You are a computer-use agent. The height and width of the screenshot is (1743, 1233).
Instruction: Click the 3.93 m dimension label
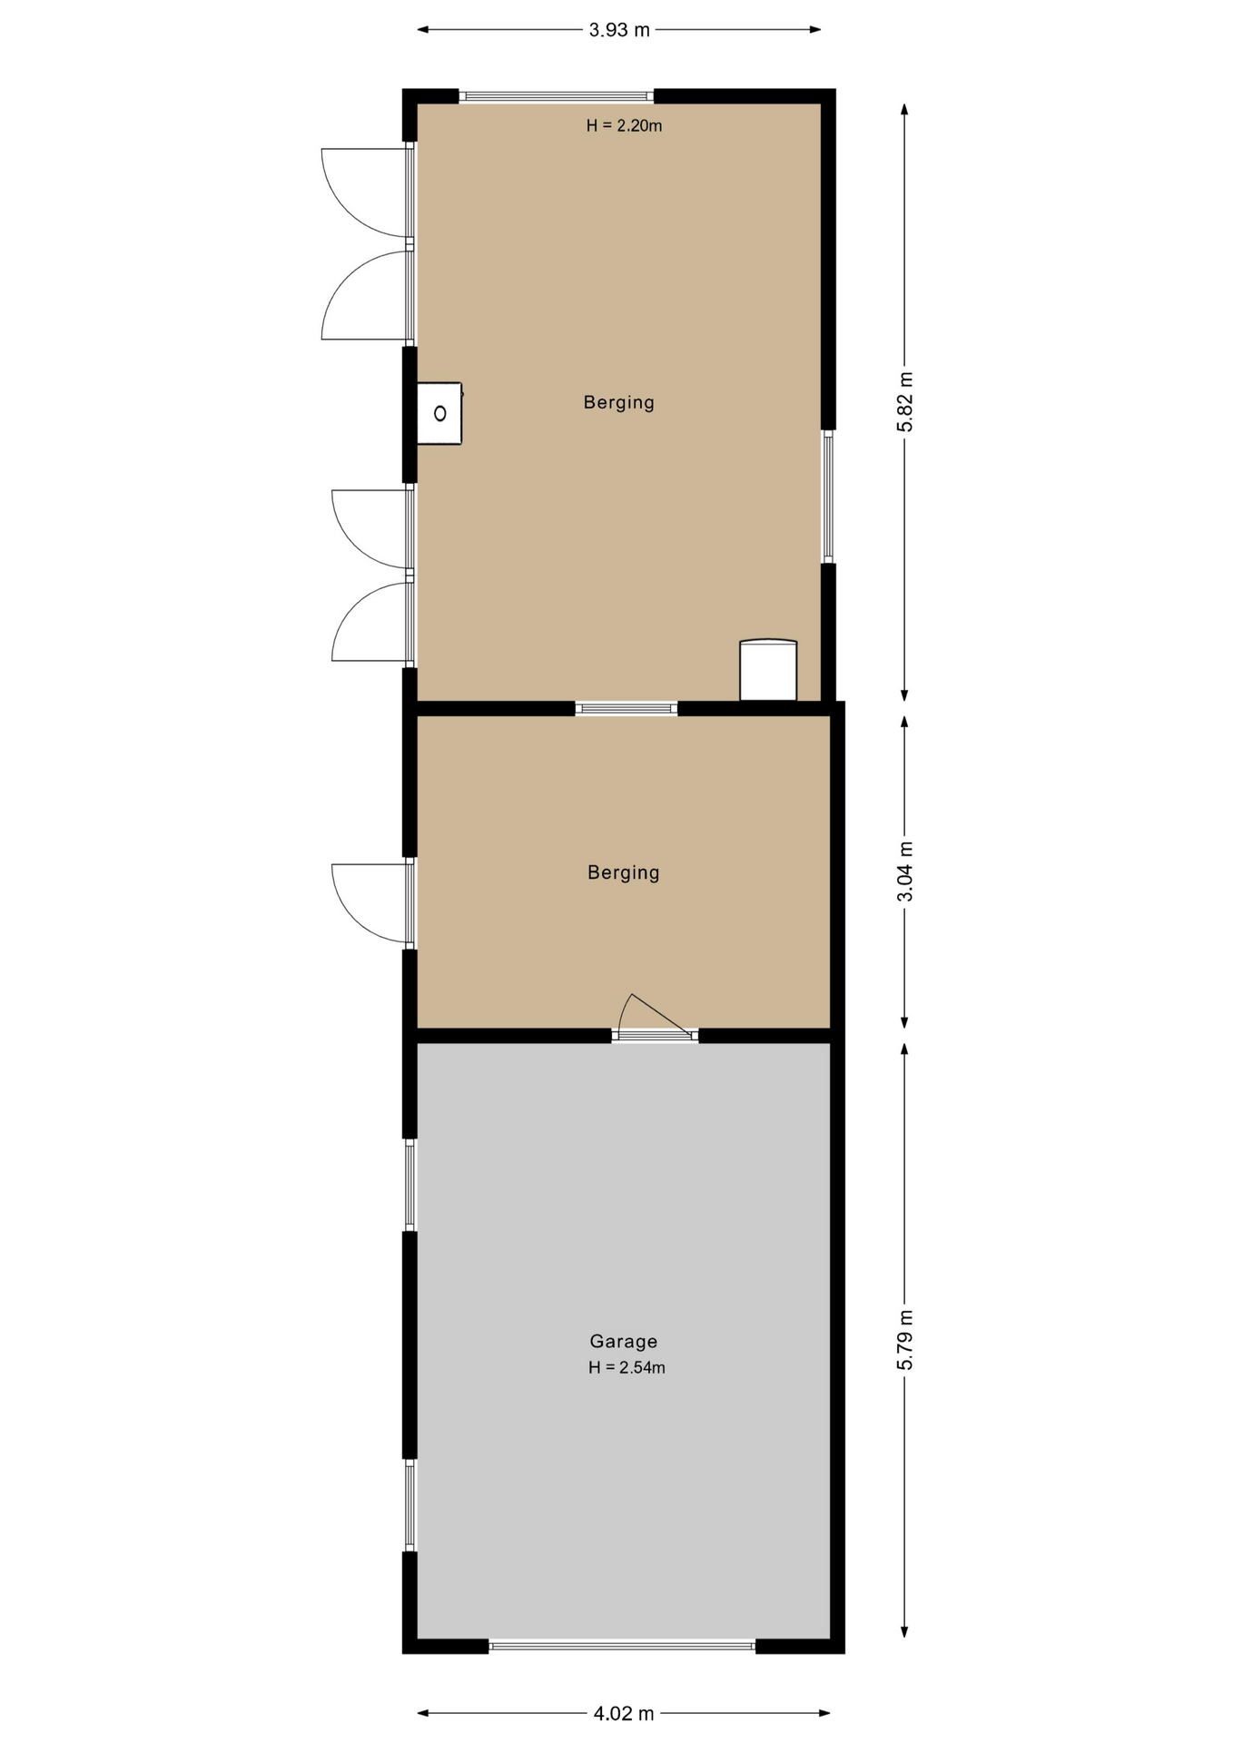pyautogui.click(x=619, y=30)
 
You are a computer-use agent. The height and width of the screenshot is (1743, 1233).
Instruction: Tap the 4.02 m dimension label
pyautogui.click(x=623, y=1713)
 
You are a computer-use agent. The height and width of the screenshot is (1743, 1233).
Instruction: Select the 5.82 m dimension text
pyautogui.click(x=904, y=402)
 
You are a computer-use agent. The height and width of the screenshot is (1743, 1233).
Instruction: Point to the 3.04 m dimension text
pyautogui.click(x=904, y=871)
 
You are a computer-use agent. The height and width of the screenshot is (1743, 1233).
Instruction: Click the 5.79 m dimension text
pyautogui.click(x=904, y=1340)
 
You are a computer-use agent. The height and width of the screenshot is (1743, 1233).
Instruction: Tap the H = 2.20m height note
pyautogui.click(x=624, y=126)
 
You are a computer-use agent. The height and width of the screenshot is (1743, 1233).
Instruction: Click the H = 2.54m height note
pyautogui.click(x=626, y=1368)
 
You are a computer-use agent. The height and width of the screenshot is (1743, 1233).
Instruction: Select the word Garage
pyautogui.click(x=623, y=1341)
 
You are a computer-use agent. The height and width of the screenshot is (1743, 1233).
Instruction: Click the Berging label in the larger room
pyautogui.click(x=618, y=402)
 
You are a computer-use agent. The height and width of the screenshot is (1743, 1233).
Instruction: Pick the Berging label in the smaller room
pyautogui.click(x=623, y=872)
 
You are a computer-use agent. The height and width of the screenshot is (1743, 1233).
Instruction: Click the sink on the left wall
pyautogui.click(x=439, y=413)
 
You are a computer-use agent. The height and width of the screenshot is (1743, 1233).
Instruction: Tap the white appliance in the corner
pyautogui.click(x=768, y=670)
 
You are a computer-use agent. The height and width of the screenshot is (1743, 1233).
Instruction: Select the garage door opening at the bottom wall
pyautogui.click(x=622, y=1645)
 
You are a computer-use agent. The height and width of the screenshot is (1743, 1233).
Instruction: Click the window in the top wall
pyautogui.click(x=556, y=95)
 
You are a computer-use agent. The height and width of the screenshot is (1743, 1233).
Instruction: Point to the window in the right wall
pyautogui.click(x=828, y=496)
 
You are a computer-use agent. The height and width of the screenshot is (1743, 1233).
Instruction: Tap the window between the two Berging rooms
pyautogui.click(x=626, y=708)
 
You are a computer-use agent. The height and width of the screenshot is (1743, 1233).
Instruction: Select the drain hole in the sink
pyautogui.click(x=440, y=414)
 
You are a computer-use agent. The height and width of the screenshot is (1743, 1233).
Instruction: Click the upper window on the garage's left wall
pyautogui.click(x=410, y=1185)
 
